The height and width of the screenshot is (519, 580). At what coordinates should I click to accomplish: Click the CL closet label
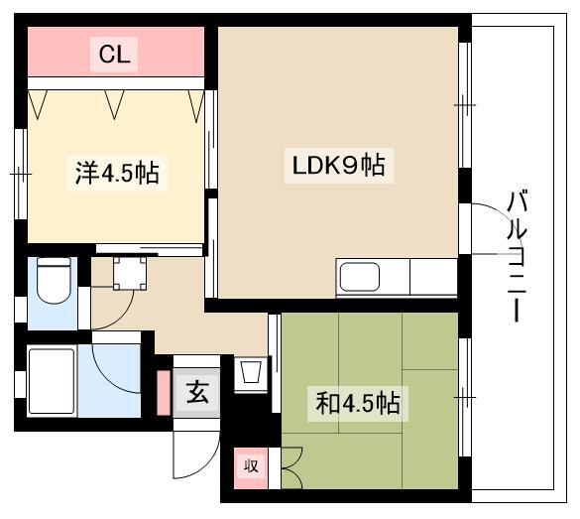[x=114, y=55]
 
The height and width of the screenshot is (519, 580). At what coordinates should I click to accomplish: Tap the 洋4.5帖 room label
[x=117, y=173]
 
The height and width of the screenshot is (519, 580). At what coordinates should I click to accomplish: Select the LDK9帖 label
[x=338, y=165]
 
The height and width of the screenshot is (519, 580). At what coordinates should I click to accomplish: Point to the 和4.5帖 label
[x=357, y=403]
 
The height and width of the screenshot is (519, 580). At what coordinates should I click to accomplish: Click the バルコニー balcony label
[x=518, y=255]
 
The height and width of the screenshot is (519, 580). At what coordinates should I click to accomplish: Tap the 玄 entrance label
[x=197, y=392]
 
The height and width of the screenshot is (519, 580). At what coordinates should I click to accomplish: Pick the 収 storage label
[x=251, y=465]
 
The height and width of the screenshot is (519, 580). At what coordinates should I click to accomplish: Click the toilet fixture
[x=54, y=280]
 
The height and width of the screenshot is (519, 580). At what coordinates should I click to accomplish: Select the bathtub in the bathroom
[x=52, y=381]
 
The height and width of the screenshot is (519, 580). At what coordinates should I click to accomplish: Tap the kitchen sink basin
[x=360, y=277]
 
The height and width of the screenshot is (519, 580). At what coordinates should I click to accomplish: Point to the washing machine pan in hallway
[x=130, y=273]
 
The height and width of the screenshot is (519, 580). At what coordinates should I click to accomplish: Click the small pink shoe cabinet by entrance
[x=164, y=393]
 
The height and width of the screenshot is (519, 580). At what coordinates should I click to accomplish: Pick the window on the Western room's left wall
[x=21, y=174]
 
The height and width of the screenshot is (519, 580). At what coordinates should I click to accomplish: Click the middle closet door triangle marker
[x=114, y=104]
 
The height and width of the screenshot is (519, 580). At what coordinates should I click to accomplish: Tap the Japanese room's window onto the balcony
[x=465, y=397]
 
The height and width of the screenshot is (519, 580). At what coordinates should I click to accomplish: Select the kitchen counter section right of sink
[x=433, y=277]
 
